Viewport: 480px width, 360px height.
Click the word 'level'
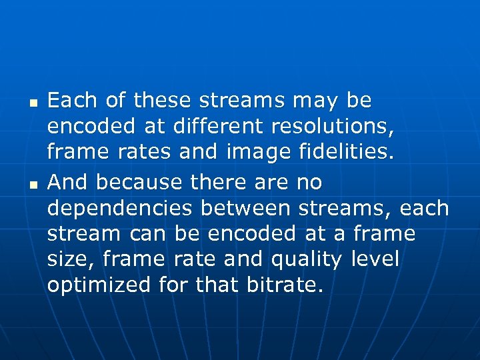pyautogui.click(x=374, y=259)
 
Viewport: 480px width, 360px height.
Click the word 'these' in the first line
pyautogui.click(x=162, y=101)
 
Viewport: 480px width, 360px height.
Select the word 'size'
pyautogui.click(x=70, y=259)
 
